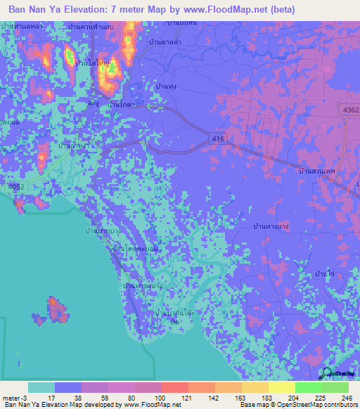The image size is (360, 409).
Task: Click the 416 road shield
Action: coord(218,140)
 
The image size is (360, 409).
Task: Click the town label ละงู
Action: coord(93,103)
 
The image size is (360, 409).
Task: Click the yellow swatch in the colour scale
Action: coord(281,387)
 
